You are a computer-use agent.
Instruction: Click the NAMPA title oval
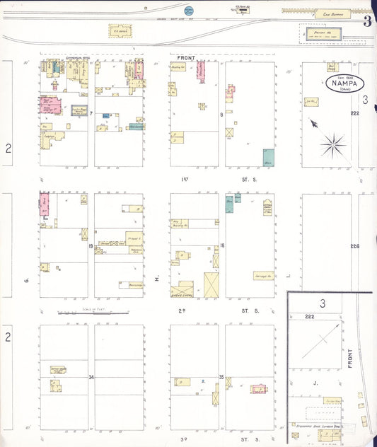[345, 84]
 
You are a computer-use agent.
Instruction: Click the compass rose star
[331, 145]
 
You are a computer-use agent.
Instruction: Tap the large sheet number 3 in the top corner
[367, 21]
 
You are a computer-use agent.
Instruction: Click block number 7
[91, 113]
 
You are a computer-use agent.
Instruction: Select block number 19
[91, 245]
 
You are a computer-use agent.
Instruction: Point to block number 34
[91, 377]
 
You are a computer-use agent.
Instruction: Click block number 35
[221, 377]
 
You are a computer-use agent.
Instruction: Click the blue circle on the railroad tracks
[189, 11]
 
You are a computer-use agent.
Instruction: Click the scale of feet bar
[94, 312]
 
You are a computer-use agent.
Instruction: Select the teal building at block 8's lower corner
[268, 157]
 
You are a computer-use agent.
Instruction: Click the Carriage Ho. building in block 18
[263, 276]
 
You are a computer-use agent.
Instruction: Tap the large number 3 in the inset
[322, 303]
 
